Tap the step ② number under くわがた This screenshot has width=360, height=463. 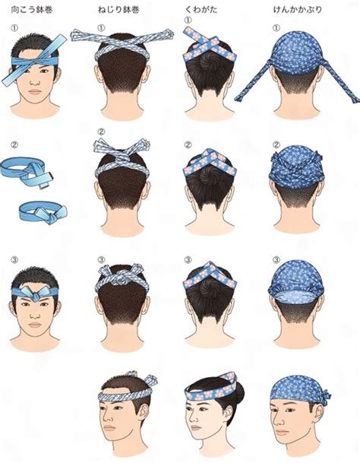pyautogui.click(x=188, y=144)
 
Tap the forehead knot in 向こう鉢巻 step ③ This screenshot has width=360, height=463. pyautogui.click(x=36, y=290)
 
